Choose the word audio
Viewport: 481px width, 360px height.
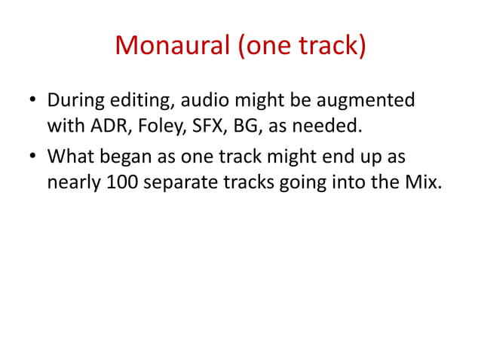pos(204,100)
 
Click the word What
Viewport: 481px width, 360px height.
pos(72,157)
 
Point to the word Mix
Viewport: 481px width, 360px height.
pos(422,182)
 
